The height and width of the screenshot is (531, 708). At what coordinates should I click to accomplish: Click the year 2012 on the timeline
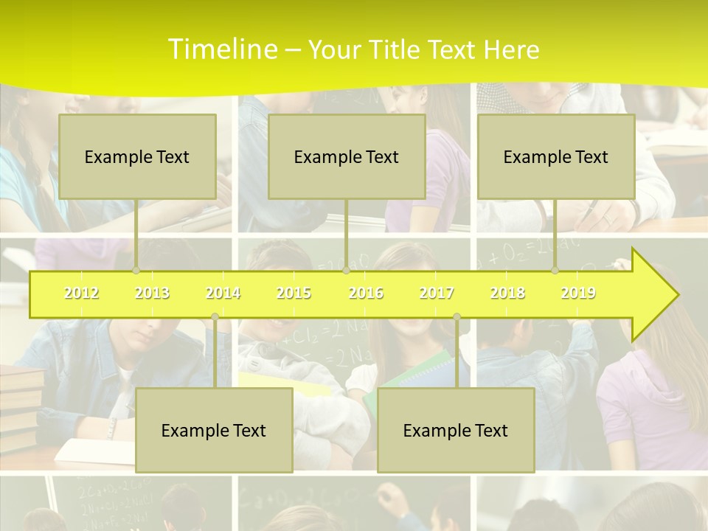point(81,294)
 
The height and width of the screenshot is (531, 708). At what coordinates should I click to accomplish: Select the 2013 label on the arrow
point(152,294)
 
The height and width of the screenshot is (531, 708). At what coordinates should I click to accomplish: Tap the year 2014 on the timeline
point(223,294)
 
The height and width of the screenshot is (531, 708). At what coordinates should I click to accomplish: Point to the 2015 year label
point(294,294)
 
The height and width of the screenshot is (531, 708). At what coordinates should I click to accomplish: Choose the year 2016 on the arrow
point(366,294)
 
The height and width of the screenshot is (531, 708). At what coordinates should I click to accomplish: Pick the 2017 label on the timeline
point(437,294)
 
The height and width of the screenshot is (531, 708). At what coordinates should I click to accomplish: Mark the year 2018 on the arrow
point(507,294)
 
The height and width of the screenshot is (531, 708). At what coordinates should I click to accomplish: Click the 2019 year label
point(578,294)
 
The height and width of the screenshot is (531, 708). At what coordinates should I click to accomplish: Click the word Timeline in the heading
point(221,49)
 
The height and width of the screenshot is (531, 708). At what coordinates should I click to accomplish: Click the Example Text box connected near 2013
point(137,156)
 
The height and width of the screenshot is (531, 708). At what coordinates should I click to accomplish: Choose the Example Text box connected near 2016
point(347,156)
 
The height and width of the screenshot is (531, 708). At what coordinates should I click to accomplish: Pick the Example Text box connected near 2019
point(556,156)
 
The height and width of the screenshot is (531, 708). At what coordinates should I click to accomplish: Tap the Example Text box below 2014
point(214,430)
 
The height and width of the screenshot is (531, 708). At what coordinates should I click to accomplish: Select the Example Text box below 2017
point(456,430)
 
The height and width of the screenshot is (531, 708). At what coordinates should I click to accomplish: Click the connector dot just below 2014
point(215,317)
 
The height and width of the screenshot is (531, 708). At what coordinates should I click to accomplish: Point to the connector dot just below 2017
point(457,317)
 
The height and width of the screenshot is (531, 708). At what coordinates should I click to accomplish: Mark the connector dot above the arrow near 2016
point(346,271)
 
